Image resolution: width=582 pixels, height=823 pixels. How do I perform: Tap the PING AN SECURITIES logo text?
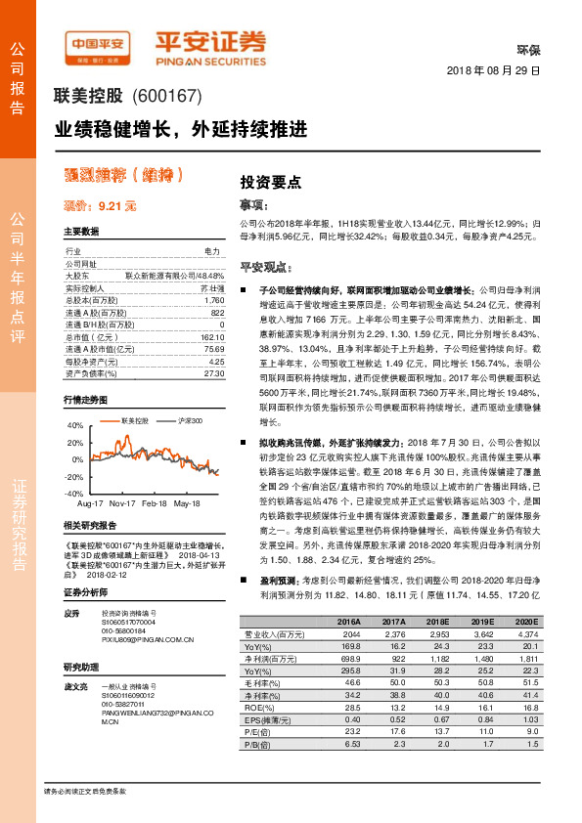[211, 58]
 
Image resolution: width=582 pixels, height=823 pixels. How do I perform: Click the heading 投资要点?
[271, 182]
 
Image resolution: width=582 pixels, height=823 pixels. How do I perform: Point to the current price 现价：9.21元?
[100, 206]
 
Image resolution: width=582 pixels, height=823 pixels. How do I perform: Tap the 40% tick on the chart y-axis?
[74, 426]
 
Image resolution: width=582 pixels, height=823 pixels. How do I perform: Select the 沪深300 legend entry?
[186, 419]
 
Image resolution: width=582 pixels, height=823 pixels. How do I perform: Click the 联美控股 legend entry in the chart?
[135, 419]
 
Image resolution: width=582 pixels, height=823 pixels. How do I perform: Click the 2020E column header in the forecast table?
[525, 621]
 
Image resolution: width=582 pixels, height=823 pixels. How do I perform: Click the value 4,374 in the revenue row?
[525, 633]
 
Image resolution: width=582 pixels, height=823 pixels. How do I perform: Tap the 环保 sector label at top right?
[528, 48]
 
